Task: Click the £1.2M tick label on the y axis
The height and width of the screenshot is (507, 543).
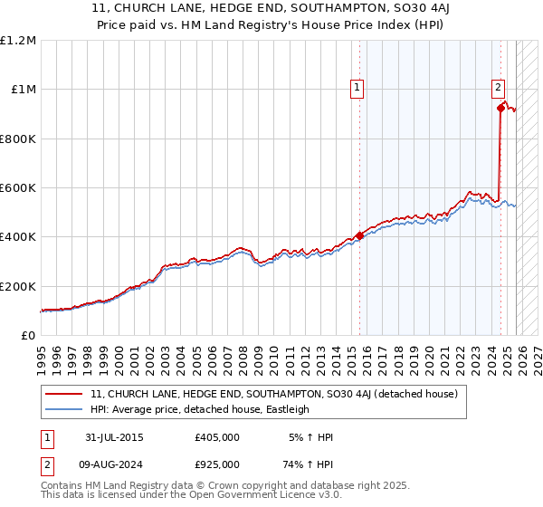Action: pyautogui.click(x=18, y=40)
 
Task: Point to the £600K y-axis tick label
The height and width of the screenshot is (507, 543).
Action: pyautogui.click(x=18, y=188)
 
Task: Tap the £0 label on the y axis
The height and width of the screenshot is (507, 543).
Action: pyautogui.click(x=27, y=336)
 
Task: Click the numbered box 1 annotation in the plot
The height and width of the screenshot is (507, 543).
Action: pyautogui.click(x=357, y=88)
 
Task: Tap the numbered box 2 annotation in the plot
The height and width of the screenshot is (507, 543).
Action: pyautogui.click(x=499, y=88)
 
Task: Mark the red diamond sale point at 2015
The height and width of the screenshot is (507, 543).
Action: pyautogui.click(x=359, y=235)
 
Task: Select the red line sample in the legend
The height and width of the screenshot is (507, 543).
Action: pyautogui.click(x=65, y=394)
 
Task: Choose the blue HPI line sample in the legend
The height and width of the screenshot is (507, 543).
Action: pyautogui.click(x=65, y=409)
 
